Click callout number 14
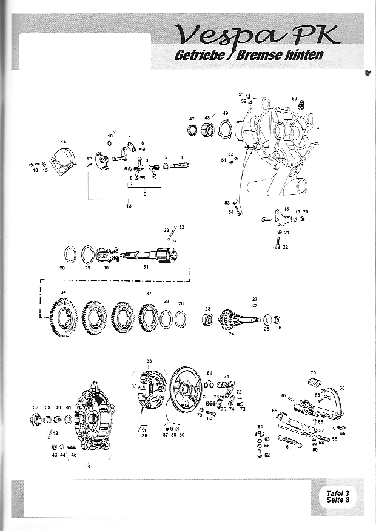click(63, 142)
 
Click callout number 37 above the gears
click(149, 293)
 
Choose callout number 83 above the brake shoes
click(149, 361)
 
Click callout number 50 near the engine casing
click(294, 98)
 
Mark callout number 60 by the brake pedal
click(342, 388)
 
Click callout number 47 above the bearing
click(192, 119)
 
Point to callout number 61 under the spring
click(289, 447)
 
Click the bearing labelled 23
click(207, 319)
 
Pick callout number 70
click(313, 372)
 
